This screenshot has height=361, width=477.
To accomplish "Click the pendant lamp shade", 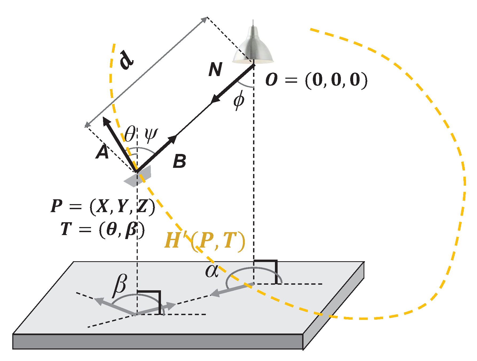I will click(253, 48).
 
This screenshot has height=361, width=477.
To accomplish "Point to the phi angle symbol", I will click(239, 100).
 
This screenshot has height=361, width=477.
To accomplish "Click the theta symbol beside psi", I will click(130, 134).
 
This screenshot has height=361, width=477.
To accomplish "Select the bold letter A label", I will click(102, 152).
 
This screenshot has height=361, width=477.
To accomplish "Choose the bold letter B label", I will click(179, 161).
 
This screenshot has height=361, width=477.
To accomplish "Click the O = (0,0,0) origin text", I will click(316, 80).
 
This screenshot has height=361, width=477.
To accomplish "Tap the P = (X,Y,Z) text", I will click(103, 206).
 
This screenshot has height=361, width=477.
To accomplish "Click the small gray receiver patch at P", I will click(138, 176).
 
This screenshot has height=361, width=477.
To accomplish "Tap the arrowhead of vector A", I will click(107, 121).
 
